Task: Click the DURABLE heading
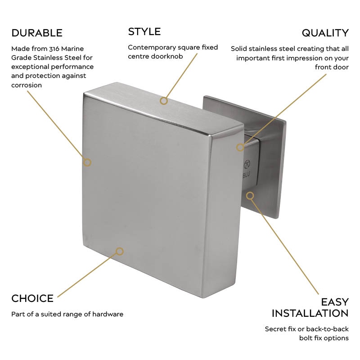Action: click(x=37, y=33)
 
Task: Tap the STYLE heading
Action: click(x=144, y=31)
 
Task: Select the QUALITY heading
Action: click(x=325, y=33)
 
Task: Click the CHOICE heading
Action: click(x=32, y=298)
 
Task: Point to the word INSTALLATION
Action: click(x=310, y=313)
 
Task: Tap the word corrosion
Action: click(x=27, y=85)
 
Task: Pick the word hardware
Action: click(x=108, y=314)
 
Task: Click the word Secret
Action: click(x=276, y=329)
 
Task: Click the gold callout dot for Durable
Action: click(x=87, y=162)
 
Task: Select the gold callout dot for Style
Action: click(x=164, y=101)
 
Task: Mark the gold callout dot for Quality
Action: click(x=240, y=147)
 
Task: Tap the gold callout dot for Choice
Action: click(x=119, y=251)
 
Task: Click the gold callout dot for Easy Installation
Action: click(x=250, y=195)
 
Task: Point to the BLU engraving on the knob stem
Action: click(x=248, y=172)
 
